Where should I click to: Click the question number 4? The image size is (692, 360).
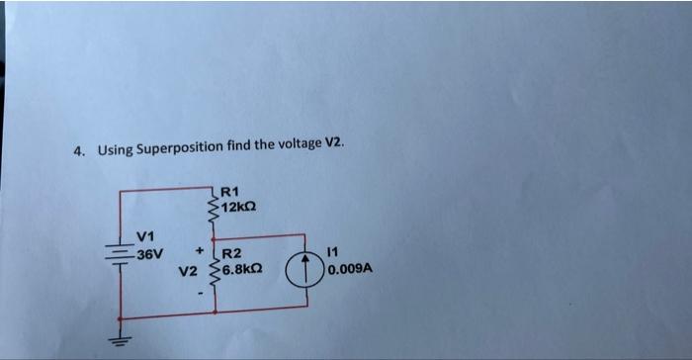[x=78, y=151]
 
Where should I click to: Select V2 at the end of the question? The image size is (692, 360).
[x=334, y=143]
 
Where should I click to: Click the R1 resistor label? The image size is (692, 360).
[x=229, y=192]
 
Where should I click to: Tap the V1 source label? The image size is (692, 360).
[x=145, y=237]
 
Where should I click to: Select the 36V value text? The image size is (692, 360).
[x=149, y=254]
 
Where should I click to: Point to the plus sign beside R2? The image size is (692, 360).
[x=200, y=249]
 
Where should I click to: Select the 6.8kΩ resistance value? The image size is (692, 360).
[x=243, y=268]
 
